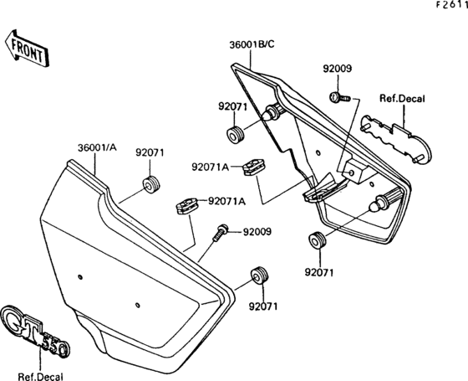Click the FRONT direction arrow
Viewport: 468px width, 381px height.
coord(27,49)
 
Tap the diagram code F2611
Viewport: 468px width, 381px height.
coord(451,5)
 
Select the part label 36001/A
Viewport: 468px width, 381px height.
coord(97,147)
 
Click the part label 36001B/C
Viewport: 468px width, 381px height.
coord(252,44)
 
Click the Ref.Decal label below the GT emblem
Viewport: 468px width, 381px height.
coord(41,377)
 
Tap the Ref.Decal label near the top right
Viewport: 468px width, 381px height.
coord(402,99)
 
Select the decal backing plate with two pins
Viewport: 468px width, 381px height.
coord(396,139)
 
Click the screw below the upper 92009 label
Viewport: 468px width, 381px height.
coord(339,97)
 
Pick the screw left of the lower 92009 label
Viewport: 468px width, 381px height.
coord(221,232)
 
